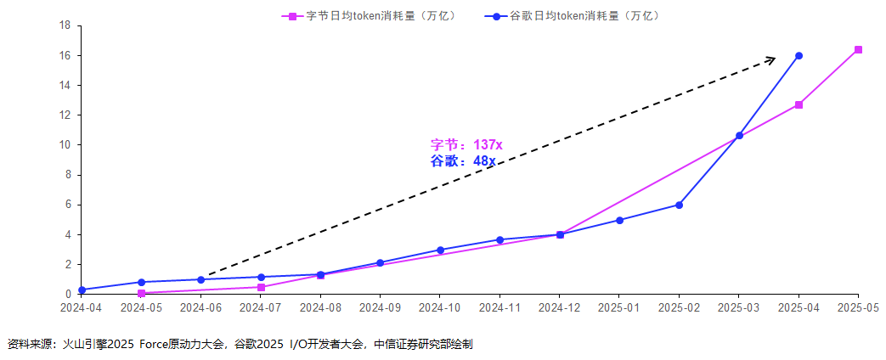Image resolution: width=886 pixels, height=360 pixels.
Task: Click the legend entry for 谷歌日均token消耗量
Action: pos(578,15)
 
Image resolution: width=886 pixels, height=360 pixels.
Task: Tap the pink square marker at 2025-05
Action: pos(858,50)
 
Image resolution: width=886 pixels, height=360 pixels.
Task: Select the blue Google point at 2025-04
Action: pos(799,56)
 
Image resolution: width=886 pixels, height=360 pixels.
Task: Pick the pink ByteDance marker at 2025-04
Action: pos(799,105)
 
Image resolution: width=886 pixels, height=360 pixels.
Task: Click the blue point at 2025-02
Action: pos(679,205)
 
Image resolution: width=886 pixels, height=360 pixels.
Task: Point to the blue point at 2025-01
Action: pos(619,220)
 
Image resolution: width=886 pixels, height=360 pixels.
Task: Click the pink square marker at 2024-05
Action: pos(141,293)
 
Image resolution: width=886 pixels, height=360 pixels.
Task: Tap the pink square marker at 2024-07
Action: pos(261,287)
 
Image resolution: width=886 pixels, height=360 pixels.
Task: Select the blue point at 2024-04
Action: pos(82,290)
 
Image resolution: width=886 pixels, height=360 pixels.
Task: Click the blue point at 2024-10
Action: pos(440,250)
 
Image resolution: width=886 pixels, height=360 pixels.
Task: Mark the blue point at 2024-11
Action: pos(499,239)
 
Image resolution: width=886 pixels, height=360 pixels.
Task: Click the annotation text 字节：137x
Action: pos(466,145)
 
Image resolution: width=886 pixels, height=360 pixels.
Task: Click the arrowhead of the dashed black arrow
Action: pos(771,59)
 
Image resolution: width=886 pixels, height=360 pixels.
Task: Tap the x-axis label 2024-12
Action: pos(560,307)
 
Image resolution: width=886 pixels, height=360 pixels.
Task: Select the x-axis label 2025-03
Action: pos(739,307)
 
